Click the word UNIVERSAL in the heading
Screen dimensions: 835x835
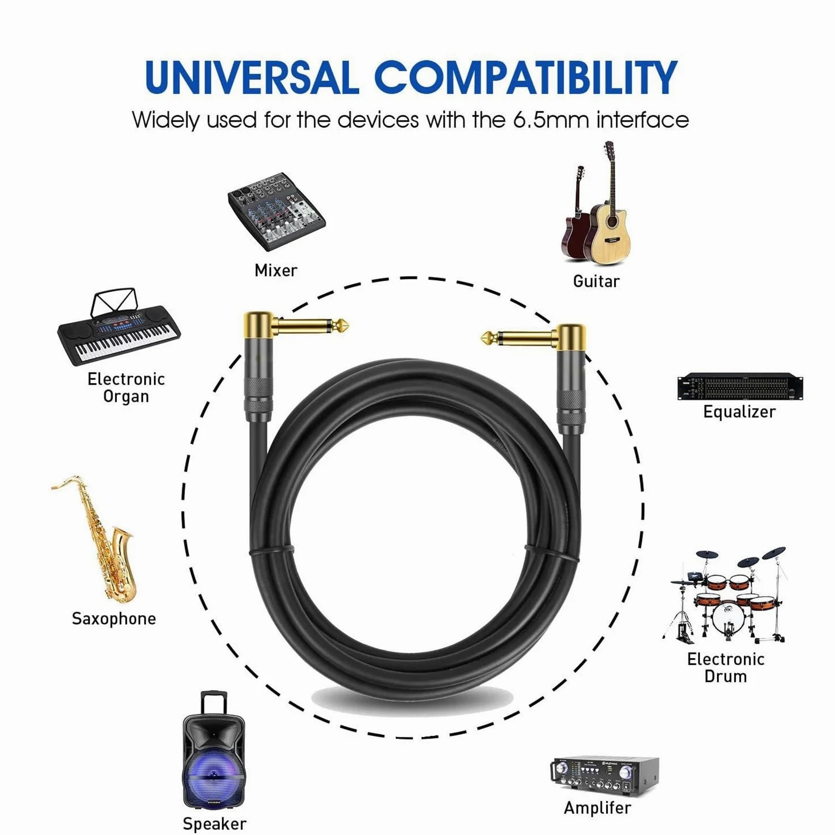(x=251, y=77)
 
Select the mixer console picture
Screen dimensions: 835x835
(x=277, y=211)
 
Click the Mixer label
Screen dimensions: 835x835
(x=276, y=270)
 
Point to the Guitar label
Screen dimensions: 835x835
(x=596, y=281)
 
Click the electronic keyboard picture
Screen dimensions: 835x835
(x=119, y=327)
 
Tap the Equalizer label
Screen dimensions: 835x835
(x=739, y=412)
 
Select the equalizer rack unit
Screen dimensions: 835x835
(x=740, y=386)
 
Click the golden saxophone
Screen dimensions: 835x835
(x=99, y=539)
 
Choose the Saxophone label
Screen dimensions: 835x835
(x=114, y=618)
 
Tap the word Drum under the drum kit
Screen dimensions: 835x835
(x=725, y=676)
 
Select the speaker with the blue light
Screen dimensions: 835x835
(x=213, y=749)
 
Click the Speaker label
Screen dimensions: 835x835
(x=214, y=824)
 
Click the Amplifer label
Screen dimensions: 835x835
(x=598, y=808)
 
